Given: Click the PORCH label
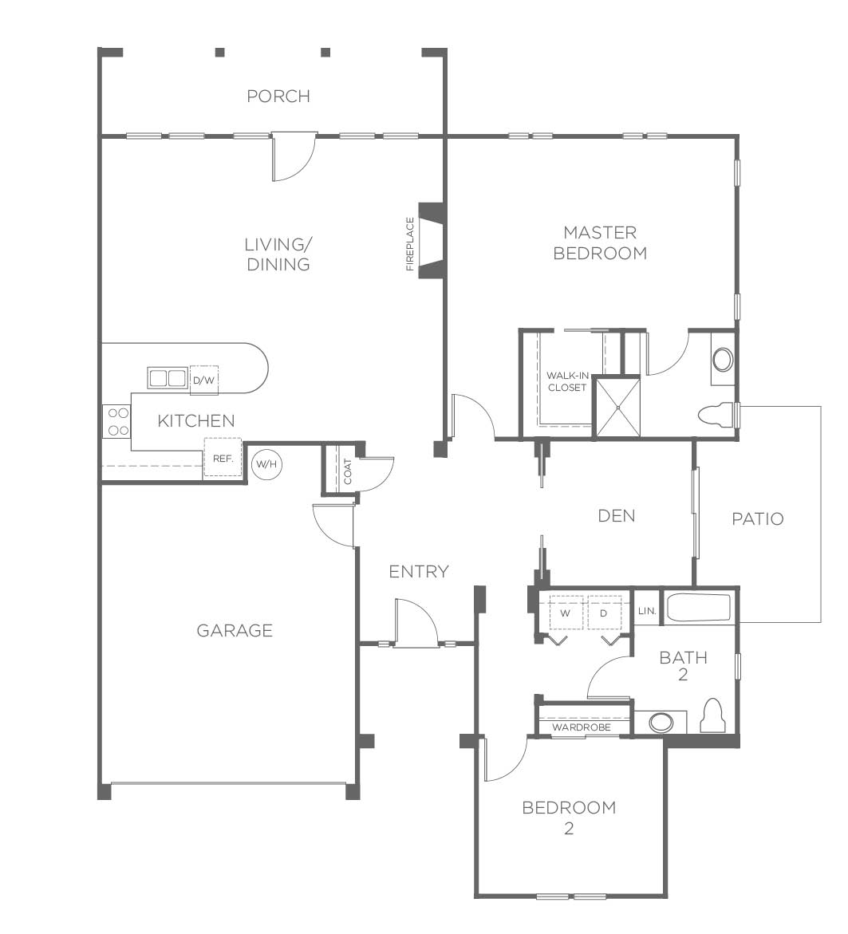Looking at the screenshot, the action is point(278,96).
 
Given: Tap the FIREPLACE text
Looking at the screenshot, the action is point(410,244).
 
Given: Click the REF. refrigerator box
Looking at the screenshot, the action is point(223,458).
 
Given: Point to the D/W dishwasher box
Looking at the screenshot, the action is point(203,380).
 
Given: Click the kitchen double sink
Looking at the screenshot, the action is point(168,378).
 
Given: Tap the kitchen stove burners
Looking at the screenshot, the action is point(116,421).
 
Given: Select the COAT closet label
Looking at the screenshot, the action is point(348,471).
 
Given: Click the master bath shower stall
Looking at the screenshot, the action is point(618,408).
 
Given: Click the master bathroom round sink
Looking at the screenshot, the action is point(723,359).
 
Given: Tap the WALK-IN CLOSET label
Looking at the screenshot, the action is point(567,382).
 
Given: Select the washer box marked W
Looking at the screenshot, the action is point(566,613).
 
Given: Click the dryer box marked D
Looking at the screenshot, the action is point(604,613).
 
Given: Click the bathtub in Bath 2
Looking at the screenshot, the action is point(698,608).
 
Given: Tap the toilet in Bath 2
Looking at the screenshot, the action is point(712,715).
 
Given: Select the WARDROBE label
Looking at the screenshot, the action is point(581,727).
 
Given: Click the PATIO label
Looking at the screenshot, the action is point(757,518).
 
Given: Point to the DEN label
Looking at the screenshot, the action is point(616,516).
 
